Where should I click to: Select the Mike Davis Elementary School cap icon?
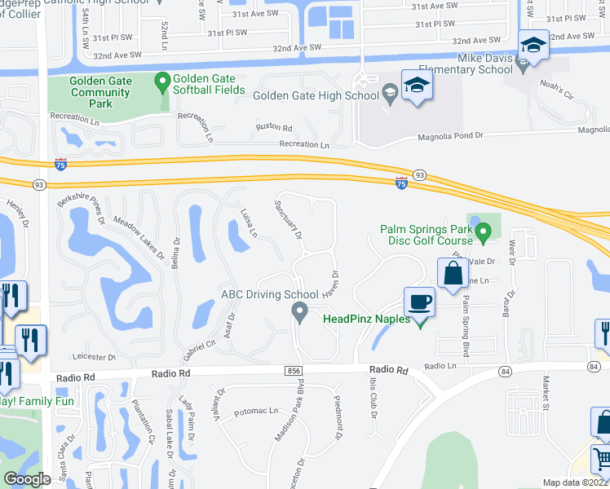pyautogui.click(x=533, y=46)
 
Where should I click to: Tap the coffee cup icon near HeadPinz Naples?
pyautogui.click(x=420, y=302)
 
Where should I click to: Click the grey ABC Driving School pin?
pyautogui.click(x=299, y=311)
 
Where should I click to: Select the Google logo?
pyautogui.click(x=27, y=480)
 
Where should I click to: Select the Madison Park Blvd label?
pyautogui.click(x=290, y=411)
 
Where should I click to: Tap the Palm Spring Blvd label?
pyautogui.click(x=466, y=314)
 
